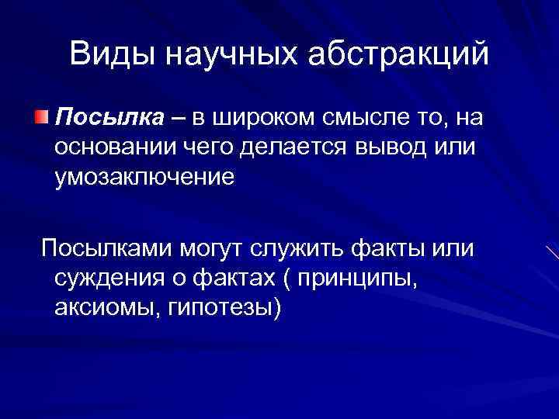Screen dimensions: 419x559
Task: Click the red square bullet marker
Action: (x=40, y=117)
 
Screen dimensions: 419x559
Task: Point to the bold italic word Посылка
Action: (x=106, y=119)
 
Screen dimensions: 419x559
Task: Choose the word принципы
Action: (x=363, y=278)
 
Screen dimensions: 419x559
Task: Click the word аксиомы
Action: (x=104, y=307)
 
